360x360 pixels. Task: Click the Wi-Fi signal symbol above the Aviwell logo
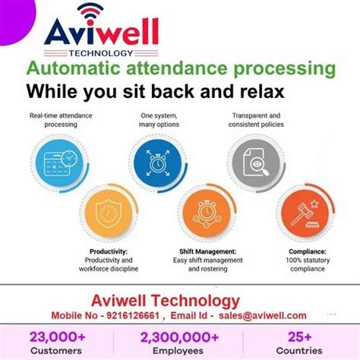[x=90, y=12]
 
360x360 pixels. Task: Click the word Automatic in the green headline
[x=65, y=69]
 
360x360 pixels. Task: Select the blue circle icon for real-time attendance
[x=56, y=162]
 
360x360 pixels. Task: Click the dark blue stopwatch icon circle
[x=158, y=163]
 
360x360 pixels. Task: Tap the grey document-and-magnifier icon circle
[x=256, y=162]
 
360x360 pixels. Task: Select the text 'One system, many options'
[x=158, y=120]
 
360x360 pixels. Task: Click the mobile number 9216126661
[x=135, y=314]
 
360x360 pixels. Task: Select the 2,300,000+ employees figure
[x=178, y=336]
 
